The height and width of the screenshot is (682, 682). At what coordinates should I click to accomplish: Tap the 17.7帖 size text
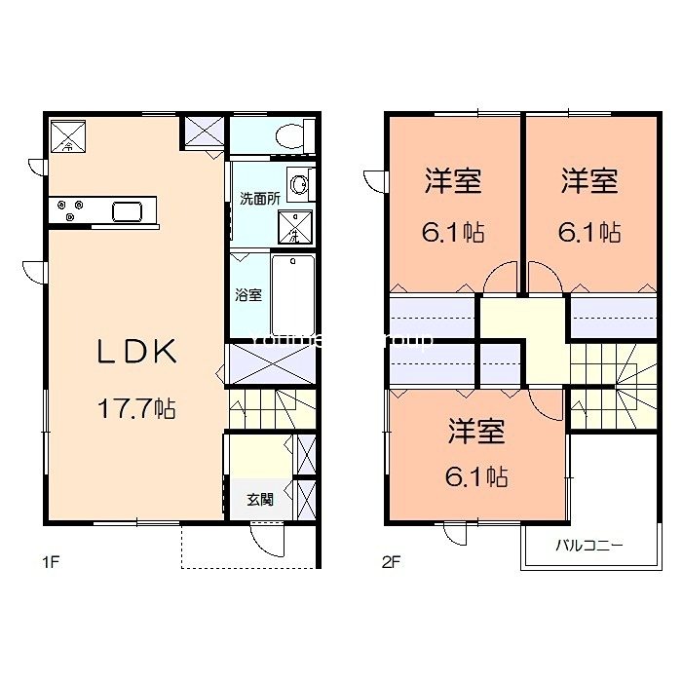(135, 409)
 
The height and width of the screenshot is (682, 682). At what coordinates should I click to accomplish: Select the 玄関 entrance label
(259, 500)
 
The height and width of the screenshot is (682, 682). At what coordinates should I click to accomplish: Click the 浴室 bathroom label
(247, 295)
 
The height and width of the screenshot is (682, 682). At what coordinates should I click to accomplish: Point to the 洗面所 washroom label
(260, 198)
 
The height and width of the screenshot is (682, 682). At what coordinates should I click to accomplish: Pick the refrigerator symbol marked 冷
(68, 135)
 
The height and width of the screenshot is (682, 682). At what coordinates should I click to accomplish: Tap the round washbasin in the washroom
(302, 182)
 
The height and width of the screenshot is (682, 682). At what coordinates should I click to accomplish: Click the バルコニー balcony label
(588, 545)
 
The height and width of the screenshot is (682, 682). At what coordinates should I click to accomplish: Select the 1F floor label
(51, 562)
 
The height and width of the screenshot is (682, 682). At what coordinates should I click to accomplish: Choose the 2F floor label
(391, 562)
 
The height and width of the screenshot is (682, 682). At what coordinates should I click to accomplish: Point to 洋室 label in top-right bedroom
(589, 181)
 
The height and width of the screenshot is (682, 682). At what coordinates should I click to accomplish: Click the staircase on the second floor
(609, 386)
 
